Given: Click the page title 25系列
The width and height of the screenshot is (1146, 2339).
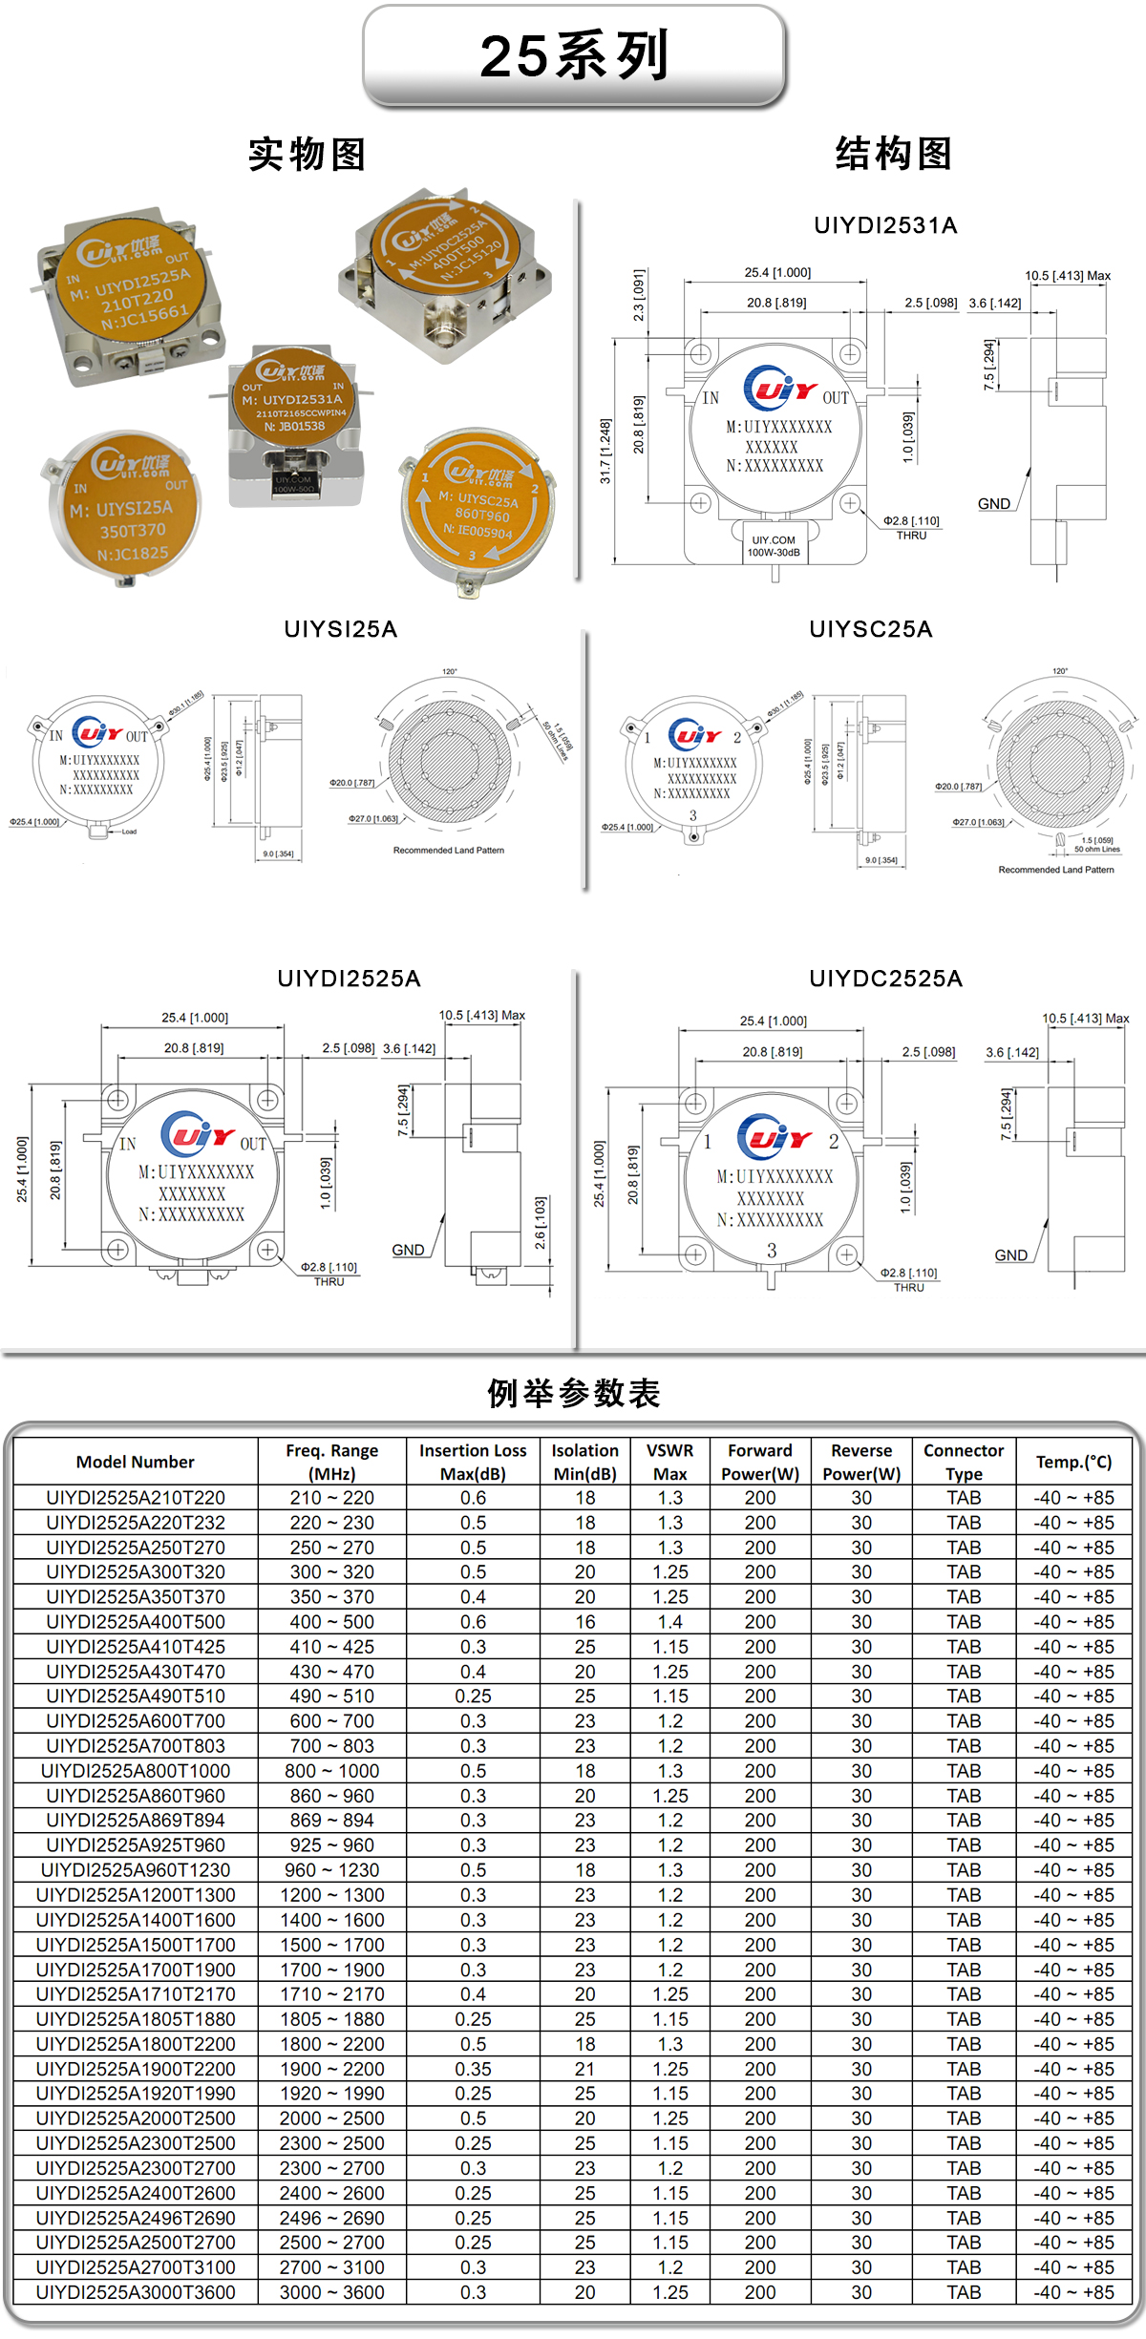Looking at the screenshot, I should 574,55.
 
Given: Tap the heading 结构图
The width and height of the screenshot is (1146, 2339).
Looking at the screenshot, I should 894,154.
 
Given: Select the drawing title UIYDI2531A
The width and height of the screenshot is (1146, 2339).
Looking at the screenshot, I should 885,225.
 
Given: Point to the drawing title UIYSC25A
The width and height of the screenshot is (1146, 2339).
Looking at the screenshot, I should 870,629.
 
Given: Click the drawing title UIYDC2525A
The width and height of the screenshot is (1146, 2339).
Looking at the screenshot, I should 885,979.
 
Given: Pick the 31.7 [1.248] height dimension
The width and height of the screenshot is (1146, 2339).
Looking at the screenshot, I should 605,451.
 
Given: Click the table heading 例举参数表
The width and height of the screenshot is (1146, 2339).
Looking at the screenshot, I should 574,1393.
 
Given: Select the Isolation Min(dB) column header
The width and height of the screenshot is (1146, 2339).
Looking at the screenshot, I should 584,1462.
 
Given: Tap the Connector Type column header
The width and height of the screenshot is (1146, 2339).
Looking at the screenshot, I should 963,1462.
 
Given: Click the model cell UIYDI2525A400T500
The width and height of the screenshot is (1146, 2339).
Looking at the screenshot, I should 136,1622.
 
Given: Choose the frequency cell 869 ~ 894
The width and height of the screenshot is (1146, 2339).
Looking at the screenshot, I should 331,1821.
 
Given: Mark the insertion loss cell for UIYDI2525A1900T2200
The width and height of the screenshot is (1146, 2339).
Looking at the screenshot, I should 473,2069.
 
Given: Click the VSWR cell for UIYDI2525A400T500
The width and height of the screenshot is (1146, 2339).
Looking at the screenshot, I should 669,1622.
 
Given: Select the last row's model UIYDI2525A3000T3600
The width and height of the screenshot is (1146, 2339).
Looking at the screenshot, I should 136,2292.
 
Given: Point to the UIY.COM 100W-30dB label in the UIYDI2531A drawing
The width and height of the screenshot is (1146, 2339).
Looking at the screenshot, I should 774,546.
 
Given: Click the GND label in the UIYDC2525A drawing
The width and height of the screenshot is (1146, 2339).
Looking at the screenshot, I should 1010,1255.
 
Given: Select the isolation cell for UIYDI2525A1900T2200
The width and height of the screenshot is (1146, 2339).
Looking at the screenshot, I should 584,2069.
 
